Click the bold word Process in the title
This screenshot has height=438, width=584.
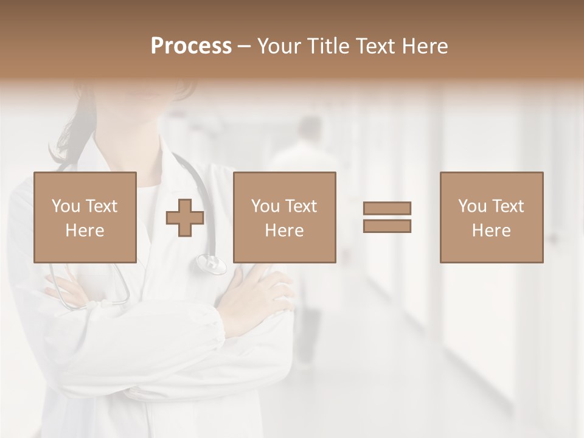click(x=191, y=46)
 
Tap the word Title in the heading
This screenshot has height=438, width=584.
click(x=329, y=46)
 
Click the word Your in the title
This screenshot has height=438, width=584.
click(x=280, y=46)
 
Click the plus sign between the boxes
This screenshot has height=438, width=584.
click(x=185, y=218)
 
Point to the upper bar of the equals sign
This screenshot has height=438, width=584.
click(x=387, y=208)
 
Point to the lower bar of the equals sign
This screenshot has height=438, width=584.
click(x=387, y=226)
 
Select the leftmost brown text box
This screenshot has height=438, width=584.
click(x=85, y=217)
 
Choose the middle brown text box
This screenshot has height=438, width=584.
click(x=285, y=217)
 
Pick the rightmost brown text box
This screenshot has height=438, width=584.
click(x=492, y=217)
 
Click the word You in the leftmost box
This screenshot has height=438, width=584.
click(x=65, y=206)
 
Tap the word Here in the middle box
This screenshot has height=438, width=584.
click(x=285, y=231)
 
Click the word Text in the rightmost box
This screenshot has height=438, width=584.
click(x=507, y=206)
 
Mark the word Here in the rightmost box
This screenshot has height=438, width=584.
click(x=492, y=231)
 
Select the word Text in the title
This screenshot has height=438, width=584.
click(x=374, y=46)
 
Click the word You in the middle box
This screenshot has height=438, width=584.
click(x=265, y=206)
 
